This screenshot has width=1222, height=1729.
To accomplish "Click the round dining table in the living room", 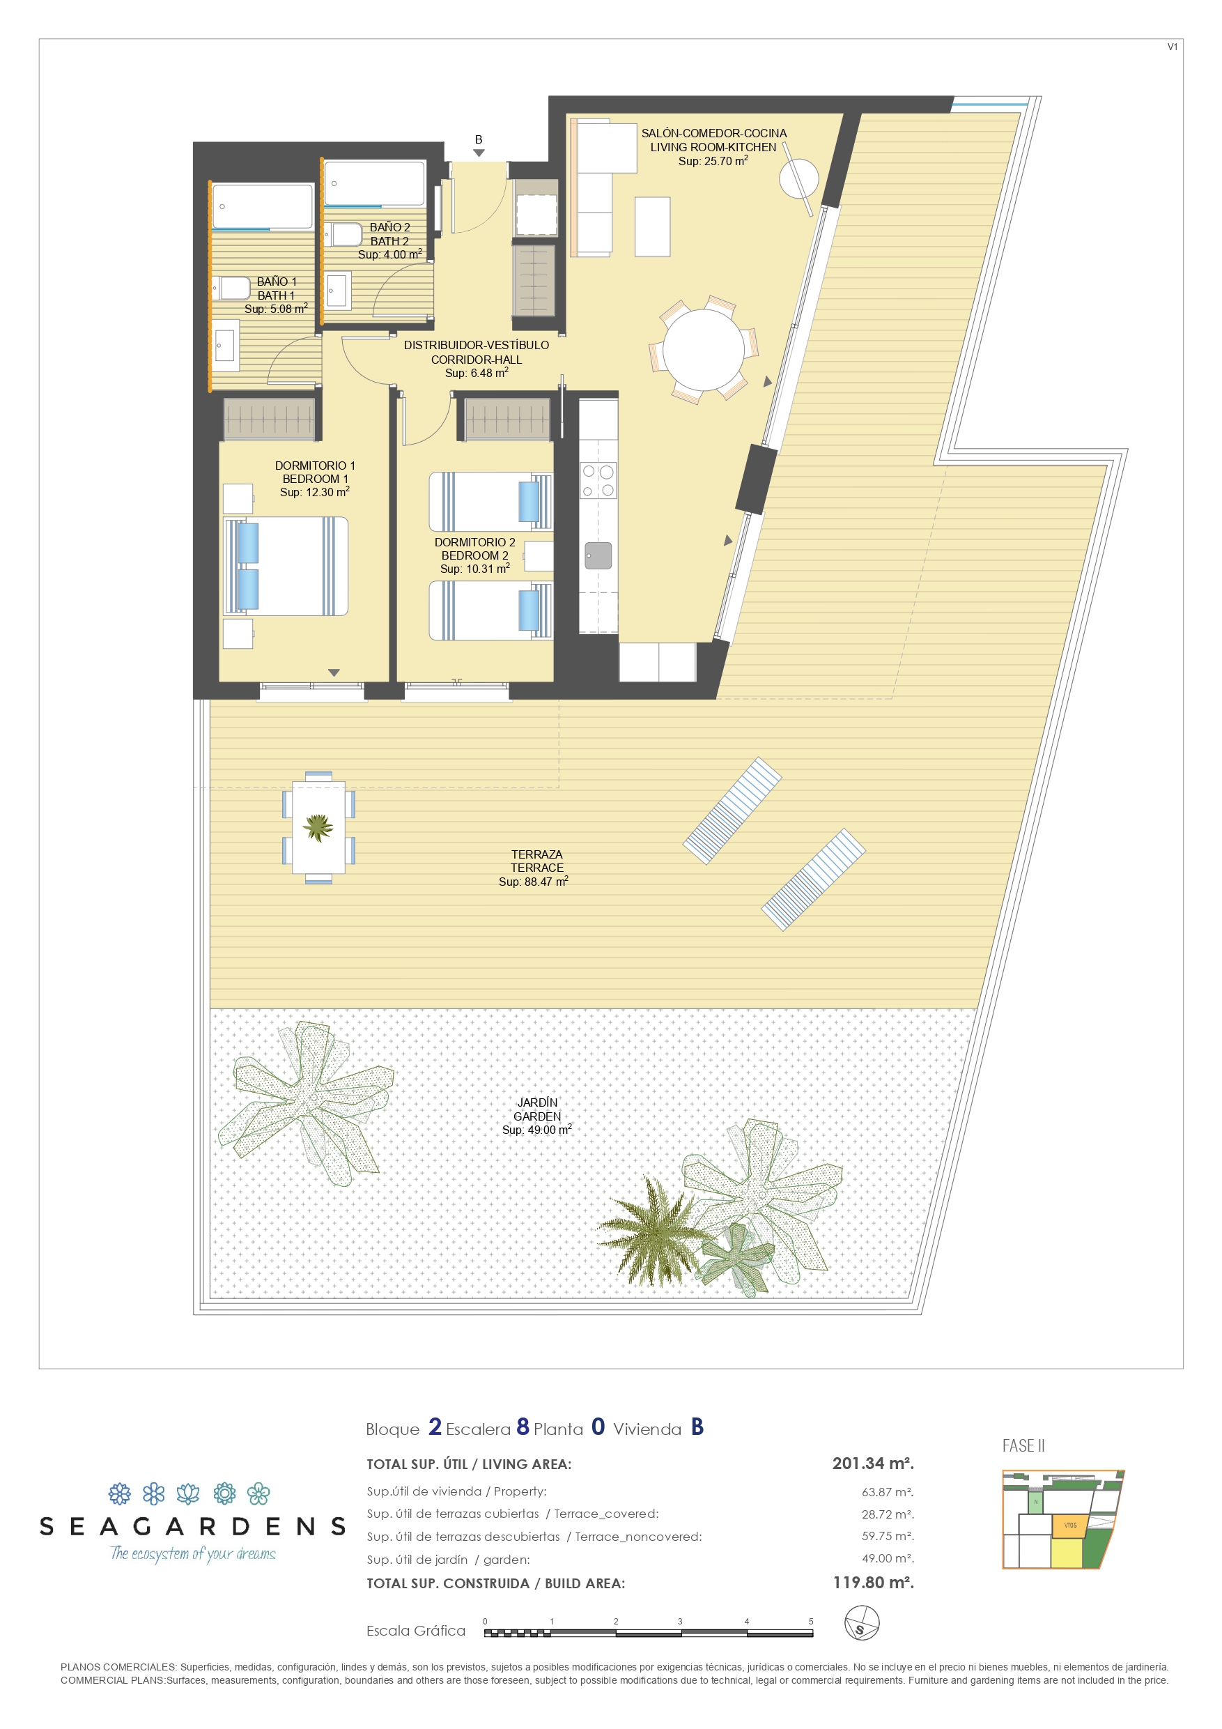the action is [702, 349].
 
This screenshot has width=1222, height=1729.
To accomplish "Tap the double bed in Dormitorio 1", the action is [287, 567].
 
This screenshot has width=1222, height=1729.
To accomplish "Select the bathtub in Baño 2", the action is [374, 183].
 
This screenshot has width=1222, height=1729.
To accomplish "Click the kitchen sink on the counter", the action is [598, 555].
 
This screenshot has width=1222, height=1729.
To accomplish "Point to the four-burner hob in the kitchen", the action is [598, 480].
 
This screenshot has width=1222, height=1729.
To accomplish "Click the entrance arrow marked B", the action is [479, 153].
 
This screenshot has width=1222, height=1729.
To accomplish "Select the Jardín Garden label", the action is [537, 1109].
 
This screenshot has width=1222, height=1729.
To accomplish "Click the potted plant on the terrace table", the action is [318, 827].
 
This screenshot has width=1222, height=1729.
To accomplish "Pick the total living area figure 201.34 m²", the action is [873, 1463].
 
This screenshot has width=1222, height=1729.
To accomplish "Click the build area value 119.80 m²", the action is [873, 1582].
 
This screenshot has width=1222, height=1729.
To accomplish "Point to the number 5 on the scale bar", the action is [811, 1621].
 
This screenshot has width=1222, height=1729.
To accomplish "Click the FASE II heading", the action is [1023, 1446].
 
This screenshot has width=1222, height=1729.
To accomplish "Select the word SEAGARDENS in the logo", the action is [193, 1526].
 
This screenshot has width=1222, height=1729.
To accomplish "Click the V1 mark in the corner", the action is [1172, 47].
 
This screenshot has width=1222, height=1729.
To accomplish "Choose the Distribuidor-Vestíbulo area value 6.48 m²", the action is [477, 373].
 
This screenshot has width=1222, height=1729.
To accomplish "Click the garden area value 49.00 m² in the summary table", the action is [888, 1559].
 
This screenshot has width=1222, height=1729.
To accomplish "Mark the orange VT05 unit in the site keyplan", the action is [1070, 1525].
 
